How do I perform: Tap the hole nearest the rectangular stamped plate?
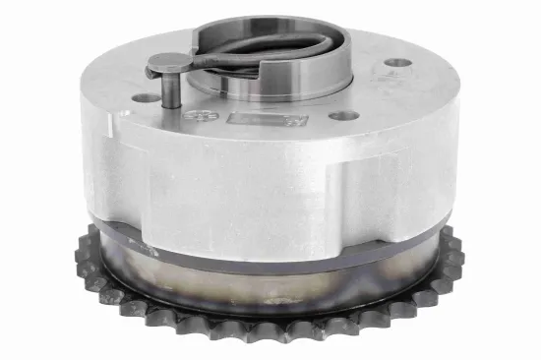point(342,115)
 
